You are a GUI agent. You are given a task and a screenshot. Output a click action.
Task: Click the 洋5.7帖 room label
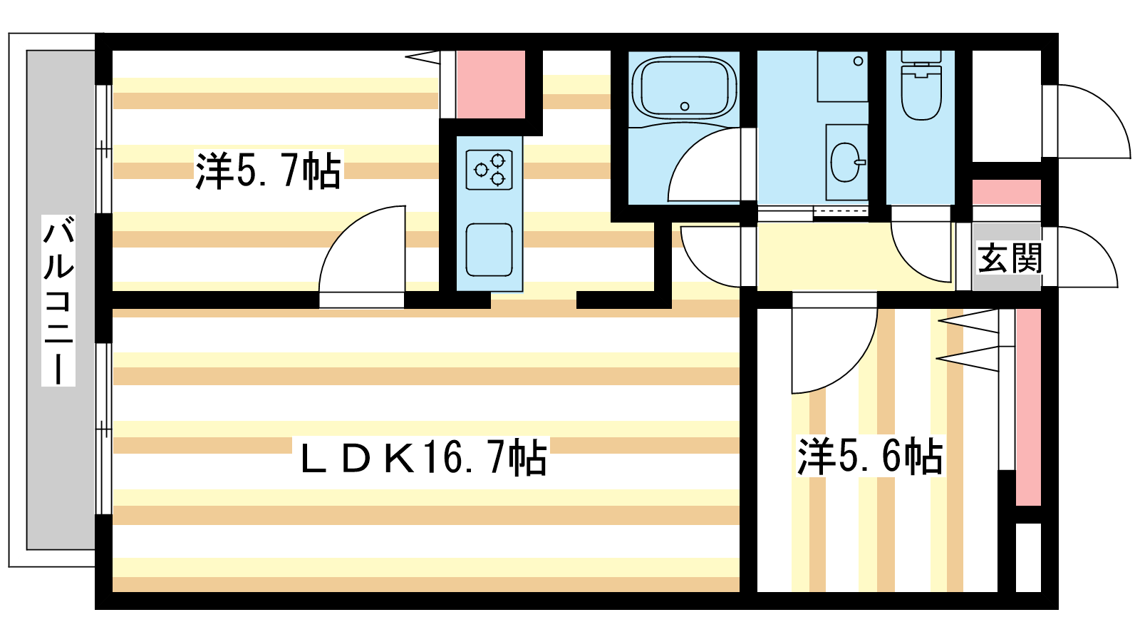pos(268,170)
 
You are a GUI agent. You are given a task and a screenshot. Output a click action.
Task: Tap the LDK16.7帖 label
pos(423,458)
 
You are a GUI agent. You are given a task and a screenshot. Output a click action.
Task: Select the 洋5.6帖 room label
pos(870,457)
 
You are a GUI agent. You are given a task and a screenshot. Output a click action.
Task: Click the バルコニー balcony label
pos(58,300)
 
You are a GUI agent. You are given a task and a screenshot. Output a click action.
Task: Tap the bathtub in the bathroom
pos(684,88)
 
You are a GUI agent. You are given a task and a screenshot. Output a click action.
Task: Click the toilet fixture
pos(921,89)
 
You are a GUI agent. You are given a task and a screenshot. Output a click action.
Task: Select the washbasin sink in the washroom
pos(846,162)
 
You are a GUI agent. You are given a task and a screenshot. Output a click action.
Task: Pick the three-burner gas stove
pos(489,170)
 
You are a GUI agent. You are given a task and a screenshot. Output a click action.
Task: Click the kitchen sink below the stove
pos(489,249)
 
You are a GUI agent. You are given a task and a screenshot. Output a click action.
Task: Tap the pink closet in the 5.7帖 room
pos(490,84)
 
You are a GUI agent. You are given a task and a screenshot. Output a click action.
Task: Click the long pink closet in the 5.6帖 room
pos(1027,407)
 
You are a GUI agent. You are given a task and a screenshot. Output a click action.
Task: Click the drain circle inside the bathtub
pos(685,107)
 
